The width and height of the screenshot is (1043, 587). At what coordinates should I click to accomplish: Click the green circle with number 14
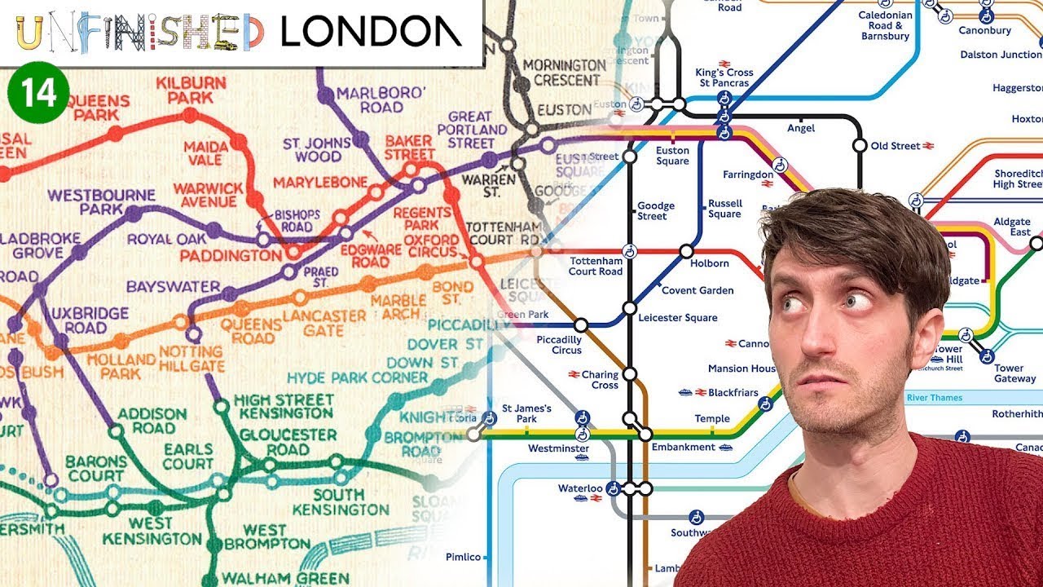[39, 95]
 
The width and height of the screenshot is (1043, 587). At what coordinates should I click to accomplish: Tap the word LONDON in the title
[371, 32]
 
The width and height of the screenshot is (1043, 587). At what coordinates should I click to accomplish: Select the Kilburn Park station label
[190, 90]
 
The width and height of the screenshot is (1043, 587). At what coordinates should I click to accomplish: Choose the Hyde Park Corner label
[357, 378]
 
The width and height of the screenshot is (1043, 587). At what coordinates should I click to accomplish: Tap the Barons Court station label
[96, 469]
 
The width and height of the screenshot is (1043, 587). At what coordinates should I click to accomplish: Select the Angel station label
[800, 128]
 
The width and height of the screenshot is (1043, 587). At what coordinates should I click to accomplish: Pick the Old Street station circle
[860, 146]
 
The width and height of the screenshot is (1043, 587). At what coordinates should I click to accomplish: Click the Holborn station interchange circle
[686, 251]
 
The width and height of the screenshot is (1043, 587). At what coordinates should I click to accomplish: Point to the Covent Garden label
[698, 290]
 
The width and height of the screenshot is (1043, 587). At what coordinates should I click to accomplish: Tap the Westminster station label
[558, 448]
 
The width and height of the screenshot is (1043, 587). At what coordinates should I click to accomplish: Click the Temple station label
[712, 419]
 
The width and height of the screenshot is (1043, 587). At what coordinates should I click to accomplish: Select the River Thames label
[945, 398]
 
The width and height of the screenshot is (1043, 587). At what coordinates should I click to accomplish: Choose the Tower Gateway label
[1014, 373]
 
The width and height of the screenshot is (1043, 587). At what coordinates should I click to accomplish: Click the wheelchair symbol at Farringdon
[780, 165]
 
